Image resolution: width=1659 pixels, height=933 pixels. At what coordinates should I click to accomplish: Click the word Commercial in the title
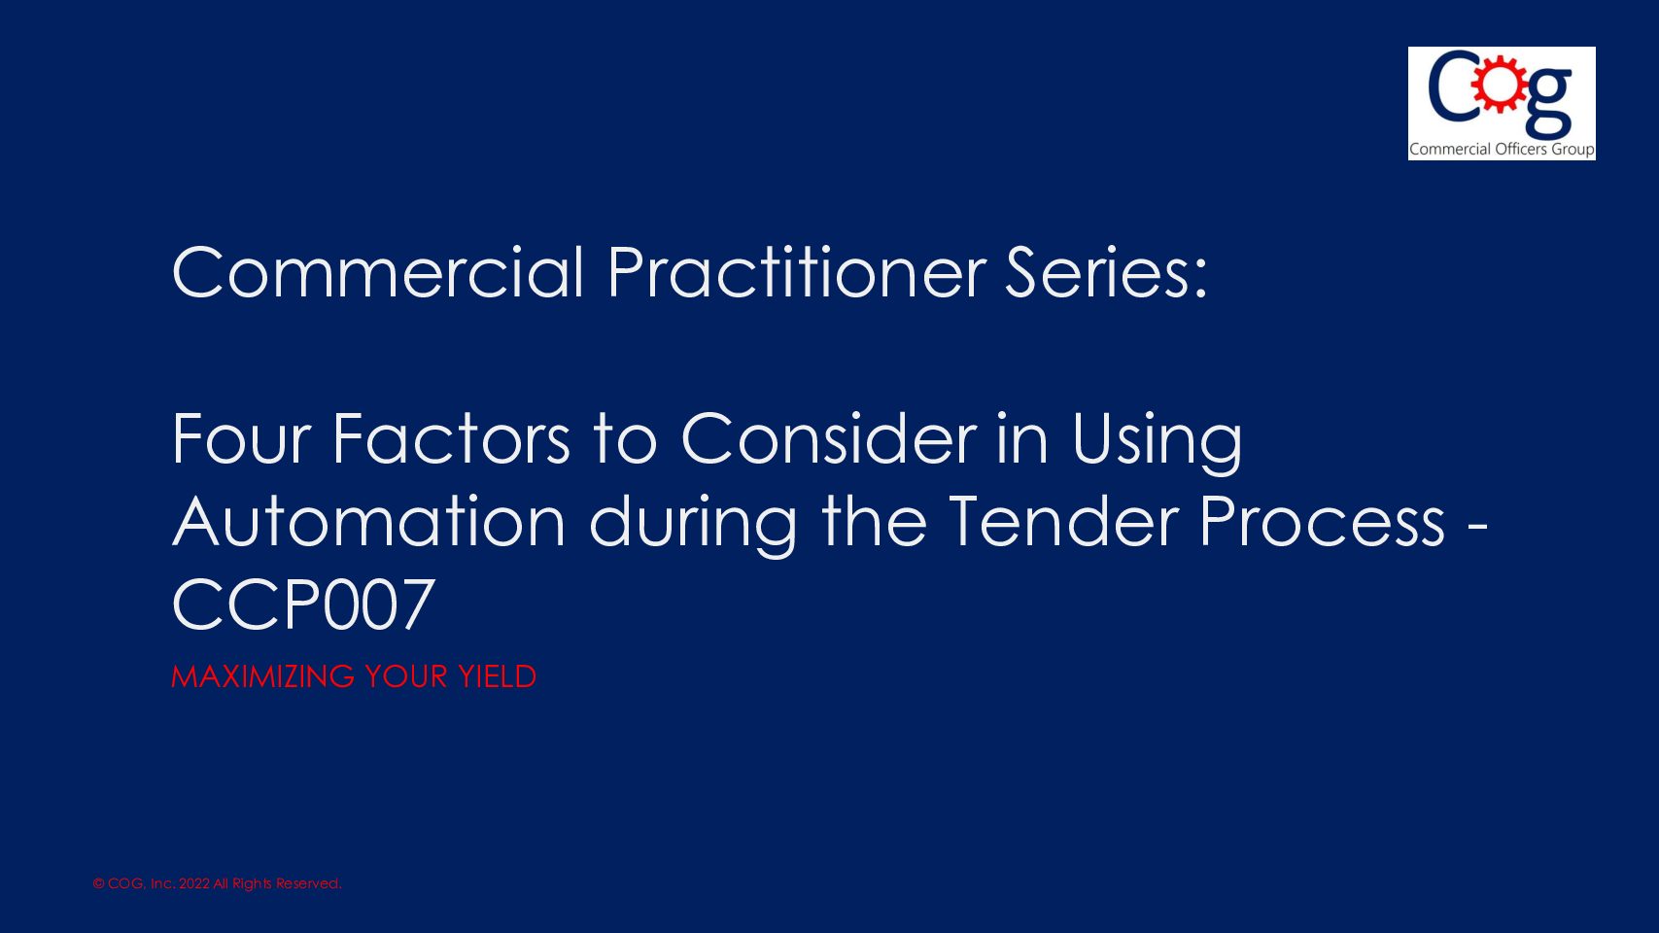tap(378, 273)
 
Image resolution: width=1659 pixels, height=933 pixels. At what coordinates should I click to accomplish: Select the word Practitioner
tap(796, 273)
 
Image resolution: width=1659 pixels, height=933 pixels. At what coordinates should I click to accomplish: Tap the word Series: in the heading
tap(1106, 273)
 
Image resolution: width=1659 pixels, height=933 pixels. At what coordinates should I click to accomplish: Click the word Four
tap(240, 439)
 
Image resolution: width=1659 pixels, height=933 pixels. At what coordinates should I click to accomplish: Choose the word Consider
tap(828, 439)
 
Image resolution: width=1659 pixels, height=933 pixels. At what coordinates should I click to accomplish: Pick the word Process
tap(1322, 522)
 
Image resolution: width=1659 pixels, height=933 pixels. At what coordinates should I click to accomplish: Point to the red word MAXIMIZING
tap(262, 676)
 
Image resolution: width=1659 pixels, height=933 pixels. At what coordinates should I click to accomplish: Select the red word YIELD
tap(497, 676)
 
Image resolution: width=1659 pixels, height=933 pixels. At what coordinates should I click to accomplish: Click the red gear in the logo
tap(1499, 85)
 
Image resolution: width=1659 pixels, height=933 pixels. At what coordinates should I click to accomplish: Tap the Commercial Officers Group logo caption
tap(1502, 150)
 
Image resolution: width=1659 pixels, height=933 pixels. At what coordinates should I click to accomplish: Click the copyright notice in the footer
tap(217, 883)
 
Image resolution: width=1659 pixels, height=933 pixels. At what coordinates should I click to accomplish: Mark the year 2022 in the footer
tap(194, 883)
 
